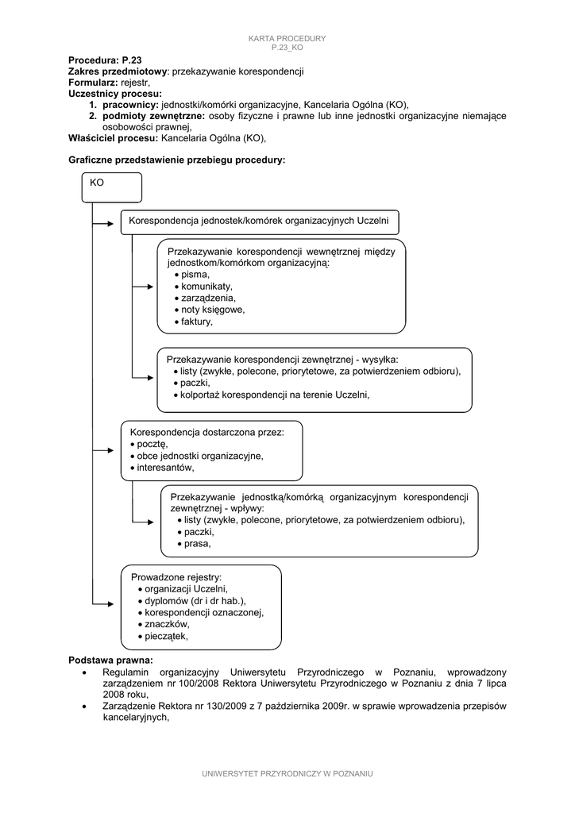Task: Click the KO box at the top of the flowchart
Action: tap(112, 187)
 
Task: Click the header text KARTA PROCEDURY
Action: tap(287, 39)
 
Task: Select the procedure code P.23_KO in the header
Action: tap(287, 48)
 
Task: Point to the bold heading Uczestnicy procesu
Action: tap(115, 93)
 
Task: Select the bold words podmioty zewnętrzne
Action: tap(153, 115)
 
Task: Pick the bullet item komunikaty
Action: tap(206, 286)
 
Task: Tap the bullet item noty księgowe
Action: tap(212, 310)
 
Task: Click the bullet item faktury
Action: tap(196, 322)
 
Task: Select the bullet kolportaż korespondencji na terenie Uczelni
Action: tap(275, 395)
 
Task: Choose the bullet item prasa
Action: tap(196, 544)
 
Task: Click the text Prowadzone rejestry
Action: tap(176, 576)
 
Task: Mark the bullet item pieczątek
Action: tap(166, 636)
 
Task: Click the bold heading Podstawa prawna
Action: tap(110, 661)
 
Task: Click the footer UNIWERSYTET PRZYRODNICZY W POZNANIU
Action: tap(287, 773)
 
